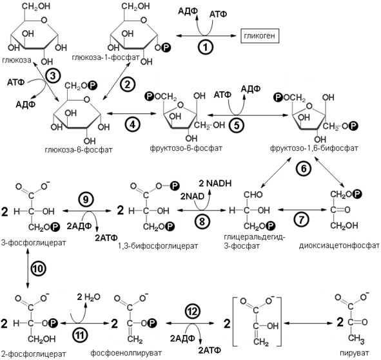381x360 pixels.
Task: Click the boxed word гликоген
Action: pos(260,36)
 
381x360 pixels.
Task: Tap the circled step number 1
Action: pos(206,47)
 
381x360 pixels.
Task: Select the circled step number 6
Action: pos(304,169)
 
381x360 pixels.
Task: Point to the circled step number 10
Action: pos(38,269)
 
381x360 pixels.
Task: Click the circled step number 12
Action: pos(193,312)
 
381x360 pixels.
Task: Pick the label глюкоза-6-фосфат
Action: pos(79,150)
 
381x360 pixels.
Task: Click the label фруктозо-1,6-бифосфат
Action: pos(314,148)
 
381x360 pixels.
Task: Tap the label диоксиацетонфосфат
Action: pos(339,245)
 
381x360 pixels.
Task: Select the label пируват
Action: pos(355,353)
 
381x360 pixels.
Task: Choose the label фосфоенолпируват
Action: pos(126,352)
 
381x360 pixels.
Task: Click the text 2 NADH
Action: pos(215,184)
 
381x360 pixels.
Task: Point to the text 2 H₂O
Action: pos(88,297)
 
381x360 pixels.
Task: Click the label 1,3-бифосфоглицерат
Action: pos(158,246)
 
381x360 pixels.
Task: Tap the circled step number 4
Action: pos(133,124)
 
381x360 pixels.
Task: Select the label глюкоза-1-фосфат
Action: pos(106,57)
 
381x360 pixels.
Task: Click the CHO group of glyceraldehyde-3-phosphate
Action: pos(253,194)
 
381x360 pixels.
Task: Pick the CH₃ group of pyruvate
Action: pos(356,338)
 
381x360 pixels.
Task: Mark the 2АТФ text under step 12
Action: pos(210,350)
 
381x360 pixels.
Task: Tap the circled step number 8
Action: pos(202,221)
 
